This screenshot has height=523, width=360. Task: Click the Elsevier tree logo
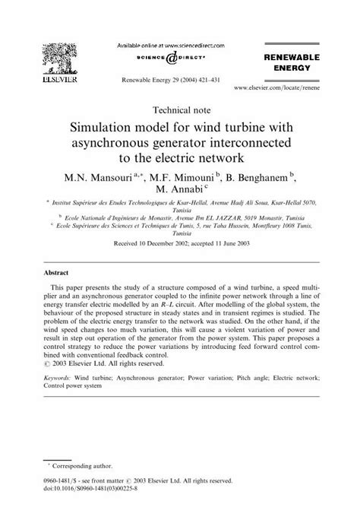tap(58, 60)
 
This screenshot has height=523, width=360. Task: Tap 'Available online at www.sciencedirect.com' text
tap(179, 45)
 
